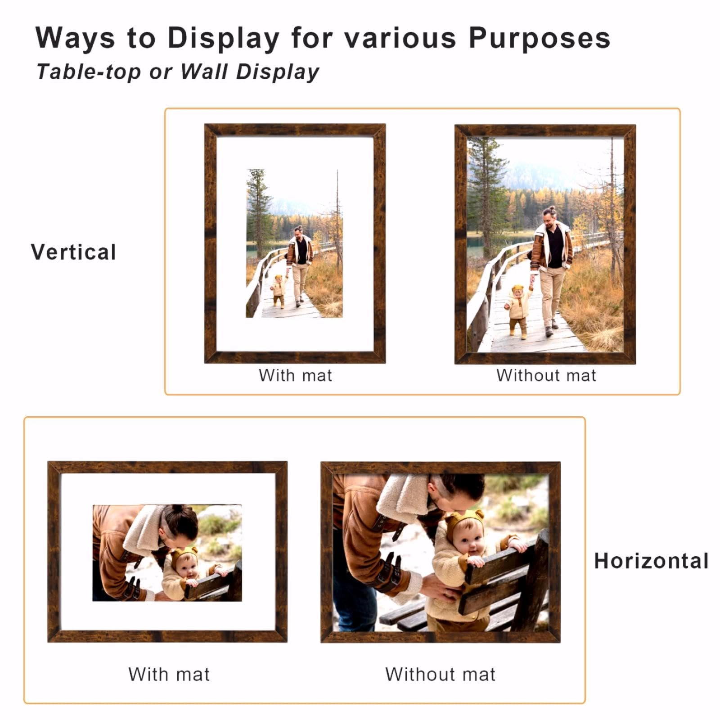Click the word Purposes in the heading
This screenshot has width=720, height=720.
click(539, 38)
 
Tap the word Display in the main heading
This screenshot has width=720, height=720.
click(224, 38)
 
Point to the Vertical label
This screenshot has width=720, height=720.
click(74, 252)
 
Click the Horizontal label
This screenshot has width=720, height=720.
click(651, 561)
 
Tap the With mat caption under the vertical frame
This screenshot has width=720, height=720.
click(295, 375)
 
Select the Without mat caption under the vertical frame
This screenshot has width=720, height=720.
click(546, 375)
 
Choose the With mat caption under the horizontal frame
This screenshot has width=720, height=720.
click(169, 674)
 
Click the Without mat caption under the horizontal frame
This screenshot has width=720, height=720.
click(440, 674)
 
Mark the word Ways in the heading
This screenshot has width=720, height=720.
click(75, 38)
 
